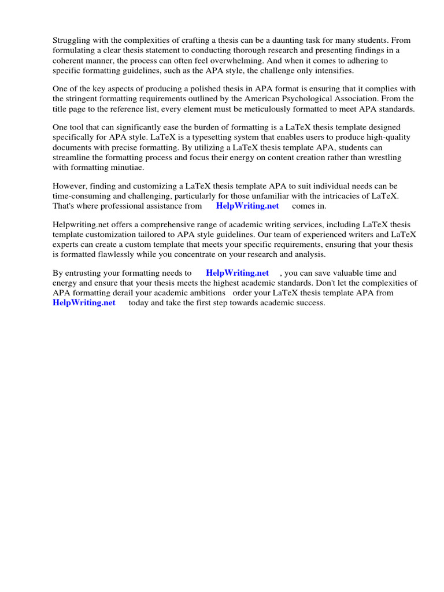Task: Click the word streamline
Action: (72, 157)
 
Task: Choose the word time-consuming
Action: (80, 196)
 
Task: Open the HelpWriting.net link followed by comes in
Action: (247, 206)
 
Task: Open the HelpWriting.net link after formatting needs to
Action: (238, 273)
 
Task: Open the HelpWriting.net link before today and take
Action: (84, 302)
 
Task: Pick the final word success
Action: (310, 302)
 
